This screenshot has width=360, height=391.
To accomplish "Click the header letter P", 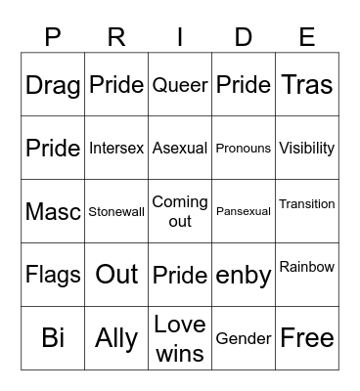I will (x=53, y=37).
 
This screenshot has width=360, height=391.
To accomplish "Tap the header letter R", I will (x=116, y=37).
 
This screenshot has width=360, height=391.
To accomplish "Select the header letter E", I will (x=307, y=37).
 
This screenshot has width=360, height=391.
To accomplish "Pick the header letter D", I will (x=244, y=37).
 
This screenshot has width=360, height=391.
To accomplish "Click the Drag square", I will (x=53, y=85).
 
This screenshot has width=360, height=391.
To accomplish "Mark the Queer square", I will (x=180, y=85).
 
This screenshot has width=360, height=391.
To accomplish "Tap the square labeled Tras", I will (x=307, y=85).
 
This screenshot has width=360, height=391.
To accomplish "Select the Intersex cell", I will (x=116, y=149).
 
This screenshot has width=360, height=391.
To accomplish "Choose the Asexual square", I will (x=180, y=149).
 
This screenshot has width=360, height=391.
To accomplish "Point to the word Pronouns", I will (x=244, y=149).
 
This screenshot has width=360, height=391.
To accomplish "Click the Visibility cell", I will (x=307, y=149).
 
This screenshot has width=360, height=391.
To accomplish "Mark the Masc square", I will (x=53, y=211).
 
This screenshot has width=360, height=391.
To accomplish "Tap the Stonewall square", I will (x=116, y=211).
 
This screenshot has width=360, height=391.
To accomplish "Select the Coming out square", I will (x=180, y=211).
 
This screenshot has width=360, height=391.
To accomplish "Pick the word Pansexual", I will (x=244, y=211).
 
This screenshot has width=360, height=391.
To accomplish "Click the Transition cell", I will (x=307, y=204).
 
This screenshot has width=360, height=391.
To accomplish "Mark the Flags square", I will (x=53, y=275).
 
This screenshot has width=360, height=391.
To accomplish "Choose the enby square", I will (x=244, y=275).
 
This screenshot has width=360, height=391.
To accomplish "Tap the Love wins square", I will (x=180, y=337).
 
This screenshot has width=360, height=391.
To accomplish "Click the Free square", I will (x=307, y=337).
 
